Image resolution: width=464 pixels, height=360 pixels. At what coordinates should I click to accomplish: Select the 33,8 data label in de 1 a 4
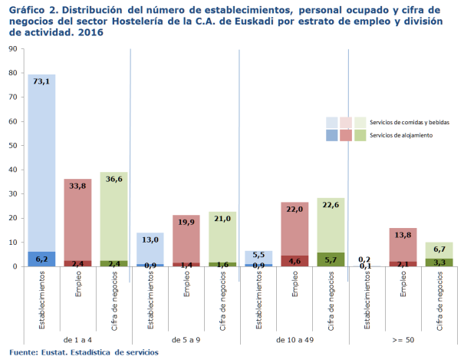pos(77,185)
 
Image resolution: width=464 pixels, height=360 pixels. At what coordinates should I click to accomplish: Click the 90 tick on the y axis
pos(13,48)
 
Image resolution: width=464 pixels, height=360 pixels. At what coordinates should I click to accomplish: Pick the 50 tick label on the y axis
pos(13,145)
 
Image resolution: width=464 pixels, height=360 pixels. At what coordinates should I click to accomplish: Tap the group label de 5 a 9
pos(186,339)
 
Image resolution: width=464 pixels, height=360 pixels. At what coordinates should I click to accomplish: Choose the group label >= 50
pos(403,339)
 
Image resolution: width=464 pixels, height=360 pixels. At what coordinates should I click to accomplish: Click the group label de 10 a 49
pos(295,339)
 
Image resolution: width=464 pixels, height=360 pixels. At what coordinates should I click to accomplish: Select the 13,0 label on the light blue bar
pos(150,239)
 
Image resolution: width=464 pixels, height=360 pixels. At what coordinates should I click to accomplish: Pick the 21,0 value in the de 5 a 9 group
pos(222,218)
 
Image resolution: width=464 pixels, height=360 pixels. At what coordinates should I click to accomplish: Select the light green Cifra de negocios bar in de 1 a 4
pos(114,223)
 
